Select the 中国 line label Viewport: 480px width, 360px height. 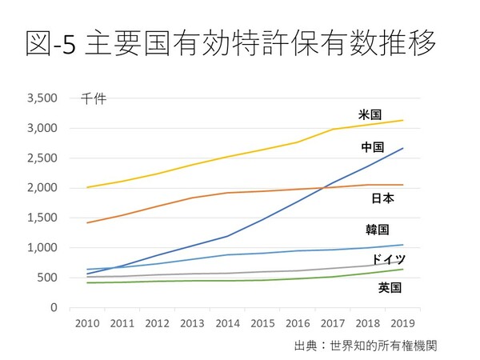pyautogui.click(x=373, y=147)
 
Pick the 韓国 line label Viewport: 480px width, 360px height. pyautogui.click(x=378, y=230)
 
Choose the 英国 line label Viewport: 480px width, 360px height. pyautogui.click(x=390, y=286)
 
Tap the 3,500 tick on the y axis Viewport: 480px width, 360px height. pyautogui.click(x=43, y=98)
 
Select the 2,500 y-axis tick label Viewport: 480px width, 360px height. pyautogui.click(x=43, y=158)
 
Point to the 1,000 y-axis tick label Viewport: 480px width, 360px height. pyautogui.click(x=43, y=248)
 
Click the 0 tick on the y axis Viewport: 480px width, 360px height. pyautogui.click(x=54, y=308)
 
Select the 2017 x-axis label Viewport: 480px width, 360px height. pyautogui.click(x=331, y=325)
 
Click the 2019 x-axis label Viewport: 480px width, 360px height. pyautogui.click(x=402, y=325)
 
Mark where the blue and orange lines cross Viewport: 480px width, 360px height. pyautogui.click(x=326, y=187)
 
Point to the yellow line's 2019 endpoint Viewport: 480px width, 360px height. pyautogui.click(x=402, y=120)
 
